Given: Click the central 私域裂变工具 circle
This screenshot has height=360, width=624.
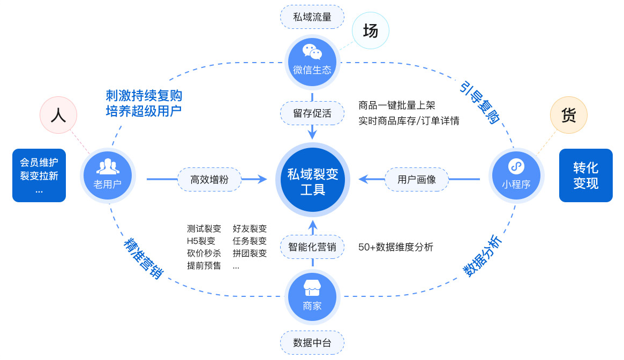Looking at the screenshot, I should (312, 180).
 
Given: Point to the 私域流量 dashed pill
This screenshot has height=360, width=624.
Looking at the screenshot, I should (312, 17).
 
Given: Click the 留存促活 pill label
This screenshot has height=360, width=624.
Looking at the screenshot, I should (312, 113).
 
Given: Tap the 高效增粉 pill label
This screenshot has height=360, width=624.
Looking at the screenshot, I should (209, 180).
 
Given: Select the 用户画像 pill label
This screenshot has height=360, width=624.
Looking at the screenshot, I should (417, 180).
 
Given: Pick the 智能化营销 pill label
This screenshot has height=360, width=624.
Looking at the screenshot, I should (312, 247).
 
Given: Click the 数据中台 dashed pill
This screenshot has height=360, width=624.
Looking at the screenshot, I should (312, 343).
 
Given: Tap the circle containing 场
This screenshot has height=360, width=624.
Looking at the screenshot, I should (371, 31).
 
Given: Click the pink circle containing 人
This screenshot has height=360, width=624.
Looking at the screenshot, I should (58, 115).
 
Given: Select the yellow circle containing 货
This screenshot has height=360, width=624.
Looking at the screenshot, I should (569, 115).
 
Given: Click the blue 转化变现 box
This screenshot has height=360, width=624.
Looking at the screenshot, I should (585, 175).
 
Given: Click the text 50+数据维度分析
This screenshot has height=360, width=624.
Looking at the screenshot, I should (396, 247).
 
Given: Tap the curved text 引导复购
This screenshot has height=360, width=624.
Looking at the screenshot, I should (480, 102).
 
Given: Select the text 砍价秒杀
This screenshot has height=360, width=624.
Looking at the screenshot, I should (204, 254).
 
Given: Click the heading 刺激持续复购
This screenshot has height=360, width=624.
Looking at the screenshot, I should (144, 96).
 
